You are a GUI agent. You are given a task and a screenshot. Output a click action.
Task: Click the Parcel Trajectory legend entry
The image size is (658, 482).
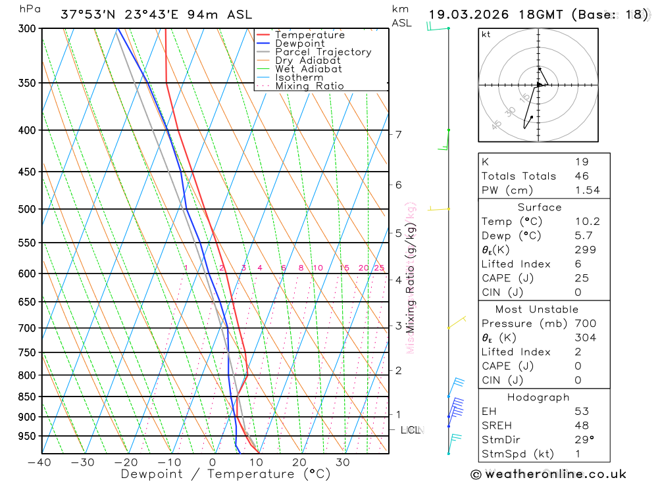pyautogui.click(x=323, y=52)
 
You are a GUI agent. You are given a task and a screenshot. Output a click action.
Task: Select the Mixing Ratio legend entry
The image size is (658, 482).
pyautogui.click(x=309, y=86)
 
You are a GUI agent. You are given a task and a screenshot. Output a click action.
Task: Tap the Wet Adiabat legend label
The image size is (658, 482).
pyautogui.click(x=309, y=69)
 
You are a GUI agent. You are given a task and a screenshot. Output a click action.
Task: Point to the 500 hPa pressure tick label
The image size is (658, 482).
pyautogui.click(x=26, y=209)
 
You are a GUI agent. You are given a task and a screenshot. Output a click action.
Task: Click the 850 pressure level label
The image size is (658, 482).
pyautogui.click(x=26, y=397)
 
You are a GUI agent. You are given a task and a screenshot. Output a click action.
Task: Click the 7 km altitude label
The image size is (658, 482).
pyautogui.click(x=398, y=134)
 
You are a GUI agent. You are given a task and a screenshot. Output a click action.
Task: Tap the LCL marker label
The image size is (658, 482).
pyautogui.click(x=410, y=430)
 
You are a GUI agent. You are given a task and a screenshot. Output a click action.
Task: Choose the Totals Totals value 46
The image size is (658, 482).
pyautogui.click(x=582, y=176)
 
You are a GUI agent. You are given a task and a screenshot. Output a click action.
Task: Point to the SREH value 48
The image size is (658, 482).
pyautogui.click(x=582, y=425)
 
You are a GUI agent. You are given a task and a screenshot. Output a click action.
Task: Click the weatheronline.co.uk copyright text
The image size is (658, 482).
pyautogui.click(x=548, y=474)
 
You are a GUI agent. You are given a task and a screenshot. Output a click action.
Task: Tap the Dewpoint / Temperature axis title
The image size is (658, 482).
pyautogui.click(x=226, y=473)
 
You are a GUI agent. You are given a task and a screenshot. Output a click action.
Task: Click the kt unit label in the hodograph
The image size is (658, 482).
pyautogui.click(x=486, y=34)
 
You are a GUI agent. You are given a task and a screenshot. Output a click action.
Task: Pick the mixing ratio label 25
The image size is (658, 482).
pyautogui.click(x=379, y=268)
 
